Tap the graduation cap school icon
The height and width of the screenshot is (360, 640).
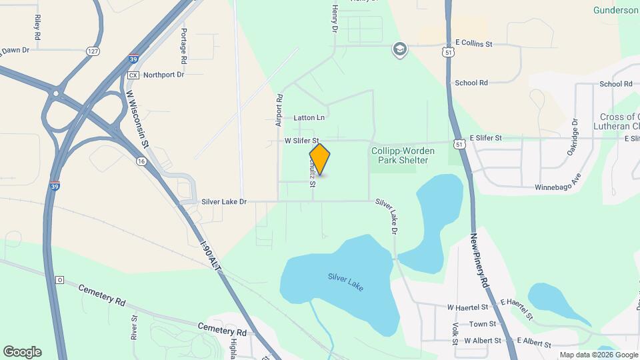pyautogui.click(x=399, y=50)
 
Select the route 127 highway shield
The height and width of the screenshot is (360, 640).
pyautogui.click(x=92, y=51)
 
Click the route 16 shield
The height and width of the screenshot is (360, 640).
pyautogui.click(x=141, y=161)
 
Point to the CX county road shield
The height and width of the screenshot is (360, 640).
pyautogui.click(x=133, y=75)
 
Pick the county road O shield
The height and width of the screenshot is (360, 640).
pyautogui.click(x=59, y=279)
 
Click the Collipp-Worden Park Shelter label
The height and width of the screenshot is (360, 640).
pyautogui.click(x=403, y=156)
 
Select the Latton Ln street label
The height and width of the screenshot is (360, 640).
pyautogui.click(x=309, y=118)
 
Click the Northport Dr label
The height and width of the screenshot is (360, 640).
pyautogui.click(x=163, y=75)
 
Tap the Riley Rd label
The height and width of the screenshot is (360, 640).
pyautogui.click(x=37, y=26)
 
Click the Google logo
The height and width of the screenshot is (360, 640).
pyautogui.click(x=22, y=352)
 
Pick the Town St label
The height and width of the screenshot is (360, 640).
pyautogui.click(x=482, y=324)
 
